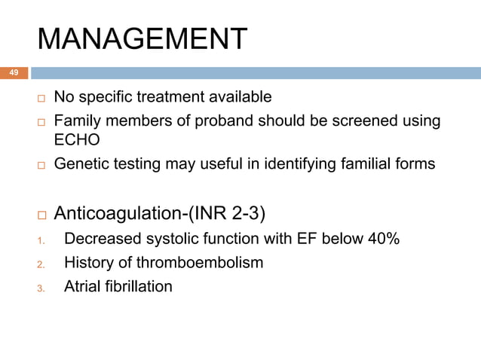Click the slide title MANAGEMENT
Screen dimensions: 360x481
142,38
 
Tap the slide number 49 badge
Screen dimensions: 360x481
14,73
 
